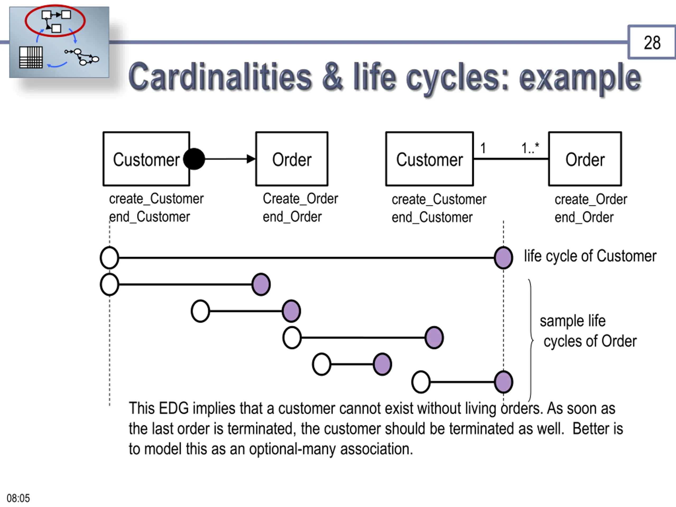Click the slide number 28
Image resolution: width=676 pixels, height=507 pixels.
[x=652, y=43]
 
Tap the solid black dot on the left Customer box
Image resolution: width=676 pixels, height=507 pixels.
[x=194, y=159]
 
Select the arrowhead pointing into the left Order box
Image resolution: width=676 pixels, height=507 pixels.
[x=251, y=159]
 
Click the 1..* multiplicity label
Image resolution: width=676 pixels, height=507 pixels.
[x=530, y=148]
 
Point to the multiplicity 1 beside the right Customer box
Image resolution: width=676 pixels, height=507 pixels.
[x=483, y=148]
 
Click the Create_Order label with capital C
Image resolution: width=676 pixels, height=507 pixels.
[x=300, y=199]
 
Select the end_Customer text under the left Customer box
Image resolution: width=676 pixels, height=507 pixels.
[x=149, y=217]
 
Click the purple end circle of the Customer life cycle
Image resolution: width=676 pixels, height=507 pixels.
[x=503, y=258]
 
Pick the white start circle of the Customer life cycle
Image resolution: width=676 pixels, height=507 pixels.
[x=109, y=258]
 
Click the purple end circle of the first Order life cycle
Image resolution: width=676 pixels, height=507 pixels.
[x=261, y=284]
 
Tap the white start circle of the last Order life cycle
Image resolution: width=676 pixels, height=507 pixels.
[x=421, y=382]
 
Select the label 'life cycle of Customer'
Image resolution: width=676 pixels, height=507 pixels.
[x=590, y=256]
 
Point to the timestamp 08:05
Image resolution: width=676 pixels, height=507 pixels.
[x=18, y=498]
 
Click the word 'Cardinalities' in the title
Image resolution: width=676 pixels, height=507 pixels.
[x=220, y=77]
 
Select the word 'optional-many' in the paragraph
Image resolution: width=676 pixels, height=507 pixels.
[x=292, y=449]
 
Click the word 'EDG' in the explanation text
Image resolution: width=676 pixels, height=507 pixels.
[x=174, y=408]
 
